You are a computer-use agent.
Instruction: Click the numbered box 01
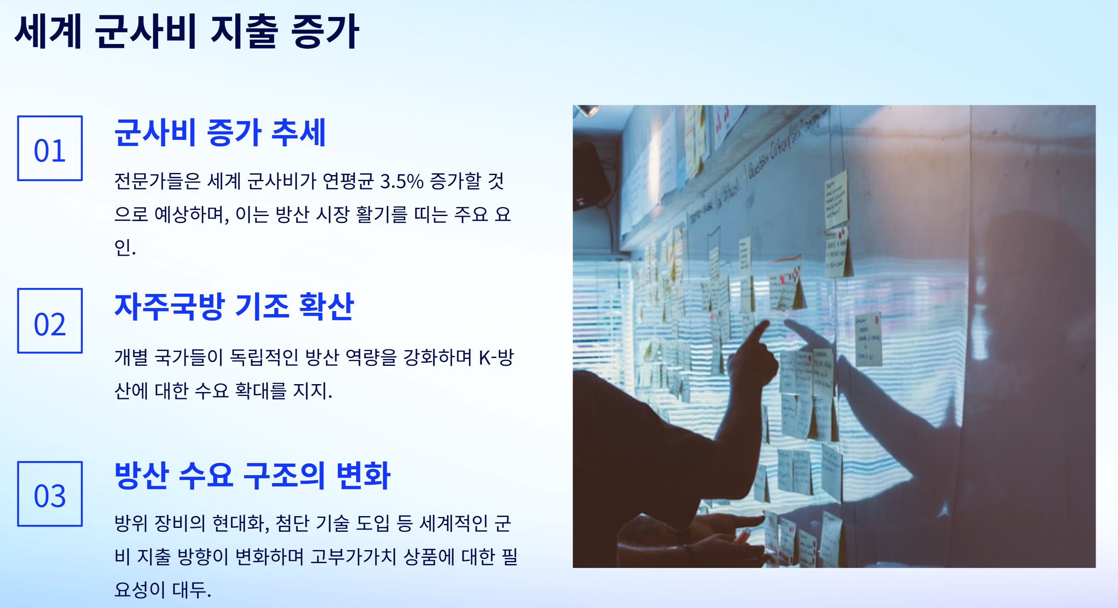pyautogui.click(x=50, y=148)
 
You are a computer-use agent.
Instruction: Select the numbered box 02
pyautogui.click(x=50, y=321)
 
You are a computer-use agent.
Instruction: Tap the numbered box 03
pyautogui.click(x=50, y=493)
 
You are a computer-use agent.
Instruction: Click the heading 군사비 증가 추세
pyautogui.click(x=220, y=132)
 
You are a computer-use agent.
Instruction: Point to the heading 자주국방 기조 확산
pyautogui.click(x=234, y=306)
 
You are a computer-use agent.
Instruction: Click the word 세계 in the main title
pyautogui.click(x=48, y=31)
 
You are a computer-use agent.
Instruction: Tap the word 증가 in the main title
pyautogui.click(x=325, y=31)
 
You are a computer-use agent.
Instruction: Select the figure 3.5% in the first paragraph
pyautogui.click(x=401, y=182)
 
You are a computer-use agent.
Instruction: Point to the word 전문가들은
pyautogui.click(x=157, y=182)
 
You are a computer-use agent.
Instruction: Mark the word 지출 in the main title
pyautogui.click(x=244, y=31)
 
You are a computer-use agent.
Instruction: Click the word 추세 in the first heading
pyautogui.click(x=298, y=132)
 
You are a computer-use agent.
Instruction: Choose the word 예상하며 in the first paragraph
pyautogui.click(x=192, y=215)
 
